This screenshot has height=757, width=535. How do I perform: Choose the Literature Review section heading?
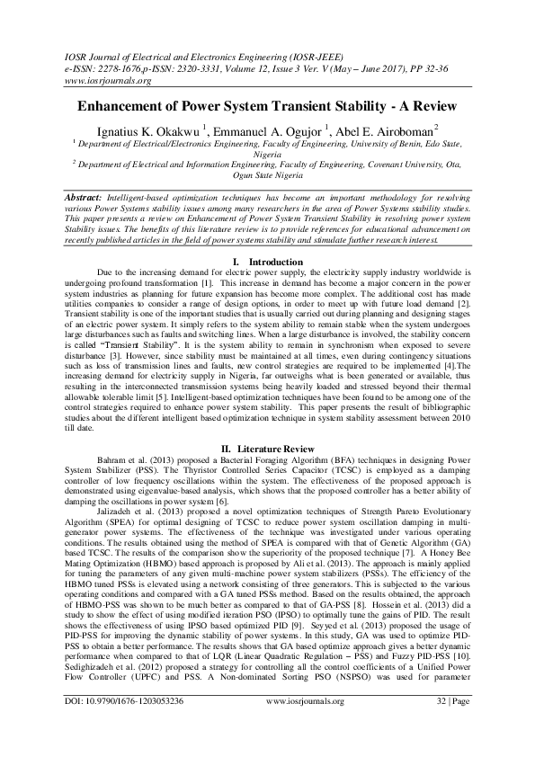275,447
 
